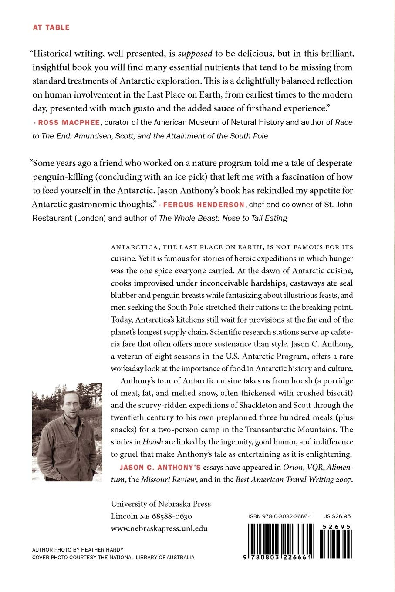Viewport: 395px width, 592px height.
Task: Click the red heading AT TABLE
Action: click(x=51, y=27)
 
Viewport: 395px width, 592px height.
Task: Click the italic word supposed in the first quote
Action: click(x=196, y=54)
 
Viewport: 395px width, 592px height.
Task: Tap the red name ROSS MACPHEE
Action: click(x=69, y=122)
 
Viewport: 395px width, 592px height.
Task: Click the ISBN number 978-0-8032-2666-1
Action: click(x=280, y=516)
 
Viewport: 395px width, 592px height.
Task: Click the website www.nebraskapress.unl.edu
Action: click(x=159, y=528)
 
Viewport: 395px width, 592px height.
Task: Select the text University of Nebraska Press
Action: click(x=161, y=504)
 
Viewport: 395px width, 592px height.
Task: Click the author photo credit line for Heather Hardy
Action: click(x=78, y=550)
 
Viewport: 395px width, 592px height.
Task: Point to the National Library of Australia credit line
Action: click(x=113, y=558)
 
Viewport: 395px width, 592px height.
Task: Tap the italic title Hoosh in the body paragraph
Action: click(x=152, y=442)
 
